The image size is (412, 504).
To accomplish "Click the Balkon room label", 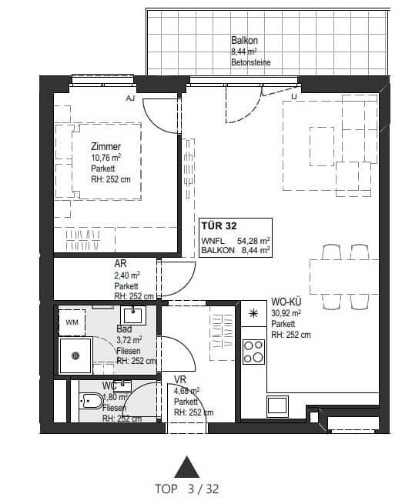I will pos(244,41).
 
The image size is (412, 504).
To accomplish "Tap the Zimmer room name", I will pos(106,146).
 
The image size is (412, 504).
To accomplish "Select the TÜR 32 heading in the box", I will pos(219,225).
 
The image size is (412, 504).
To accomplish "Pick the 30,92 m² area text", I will pos(286,313).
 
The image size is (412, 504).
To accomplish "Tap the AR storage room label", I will pos(120,263).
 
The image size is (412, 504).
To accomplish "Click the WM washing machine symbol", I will pos(72,321).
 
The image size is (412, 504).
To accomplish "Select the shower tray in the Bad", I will pos(75,355).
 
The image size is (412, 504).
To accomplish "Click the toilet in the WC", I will pos(92,400).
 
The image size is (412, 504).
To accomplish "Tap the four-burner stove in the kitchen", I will pos(253,351).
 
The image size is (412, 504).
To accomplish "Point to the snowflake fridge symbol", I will pos(253,313).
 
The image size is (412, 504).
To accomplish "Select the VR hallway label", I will pos(180,379).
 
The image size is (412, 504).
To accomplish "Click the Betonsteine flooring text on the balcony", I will pos(250,62).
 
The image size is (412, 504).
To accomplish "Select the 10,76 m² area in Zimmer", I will pos(106,159).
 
